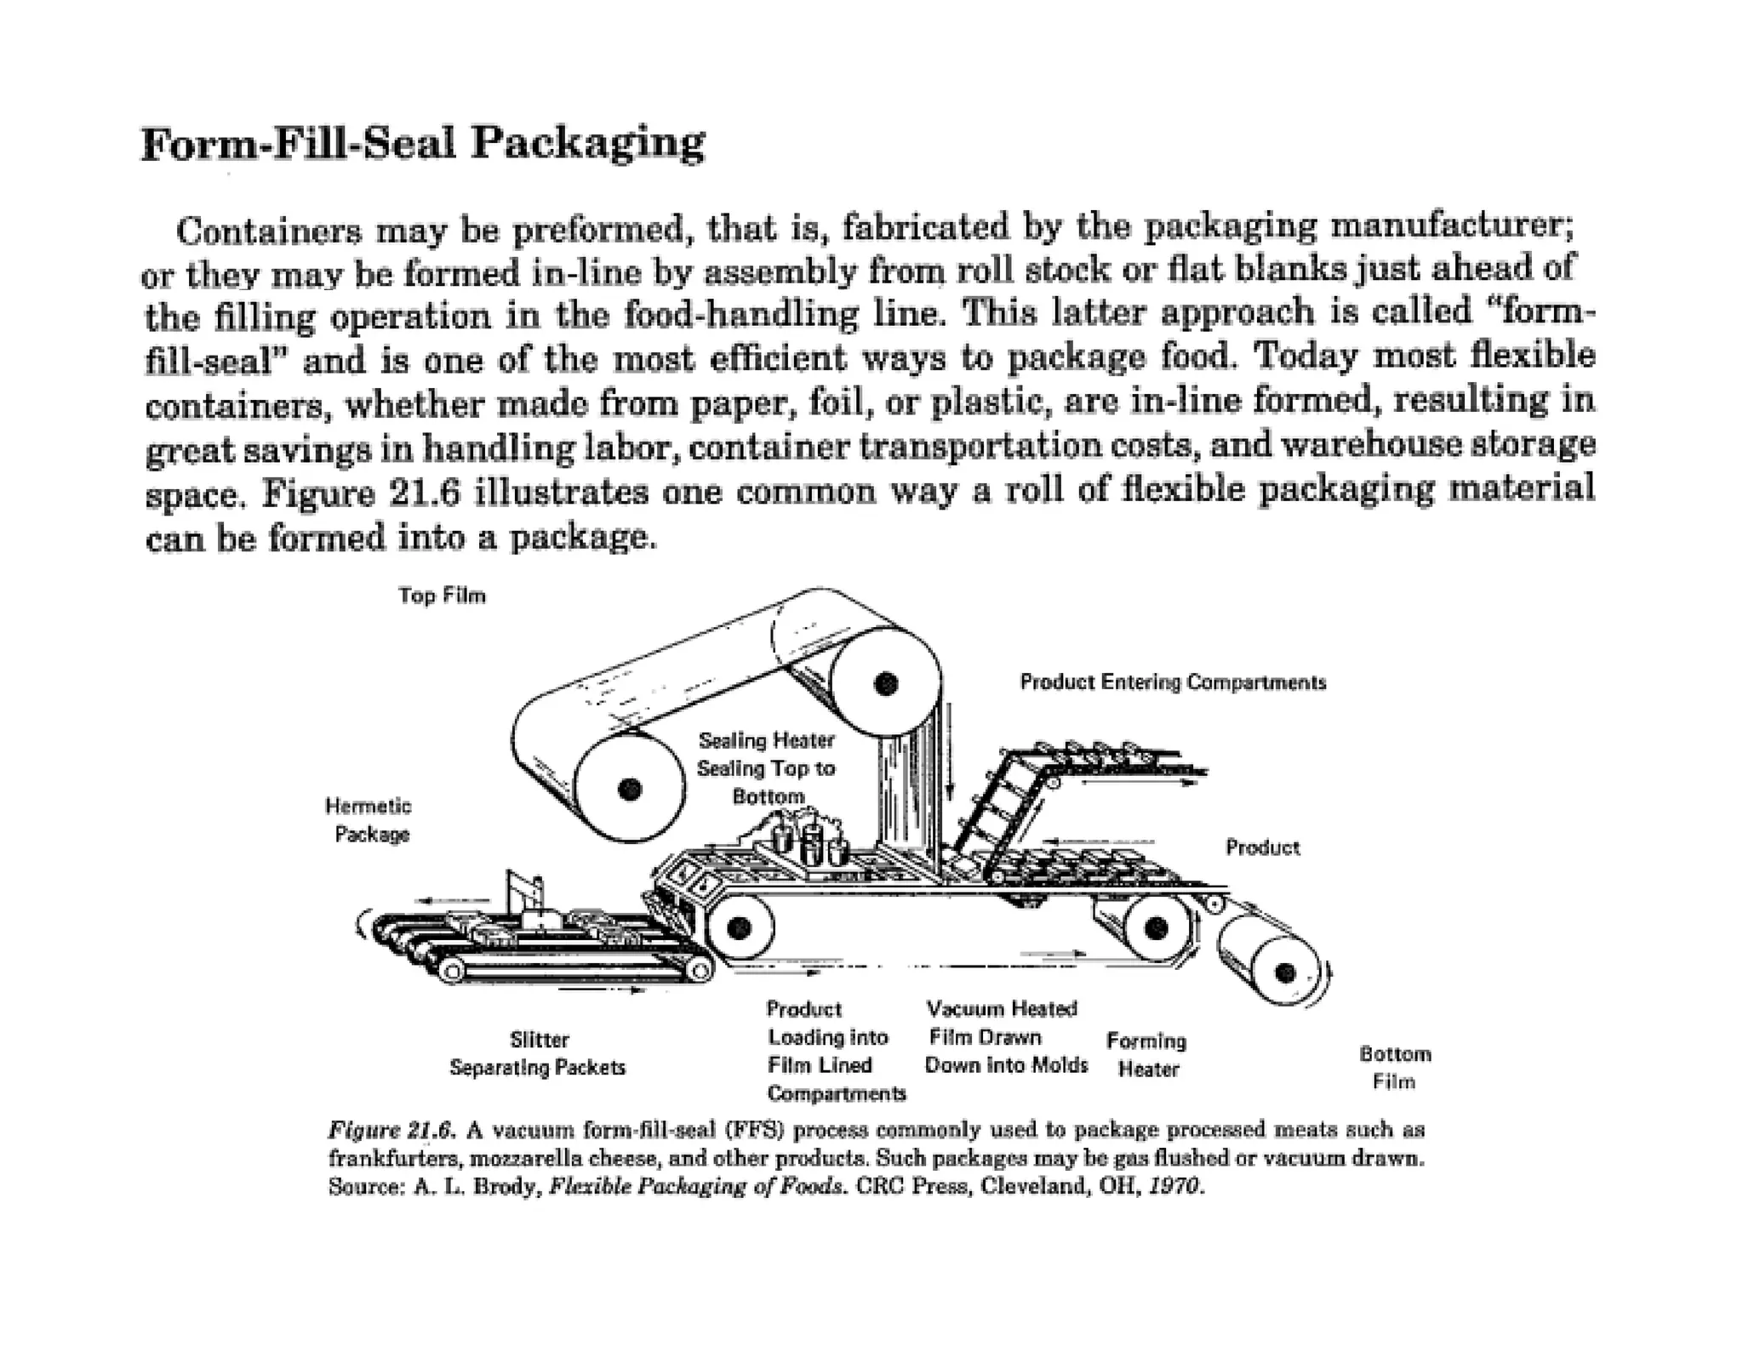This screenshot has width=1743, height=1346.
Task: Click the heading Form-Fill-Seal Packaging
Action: click(x=422, y=143)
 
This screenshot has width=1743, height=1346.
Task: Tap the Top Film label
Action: click(x=442, y=596)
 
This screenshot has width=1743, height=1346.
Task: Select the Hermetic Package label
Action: click(x=370, y=820)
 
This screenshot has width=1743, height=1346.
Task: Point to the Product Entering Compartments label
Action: click(x=1173, y=682)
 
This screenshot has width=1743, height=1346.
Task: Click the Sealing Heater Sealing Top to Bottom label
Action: click(x=766, y=768)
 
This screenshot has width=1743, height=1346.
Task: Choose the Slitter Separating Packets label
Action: click(x=538, y=1053)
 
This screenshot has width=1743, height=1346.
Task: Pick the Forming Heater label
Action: click(x=1146, y=1055)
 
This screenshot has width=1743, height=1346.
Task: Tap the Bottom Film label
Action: click(x=1395, y=1068)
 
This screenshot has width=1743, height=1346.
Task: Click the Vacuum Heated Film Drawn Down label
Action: click(x=1004, y=1037)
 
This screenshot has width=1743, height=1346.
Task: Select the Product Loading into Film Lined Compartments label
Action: click(x=834, y=1051)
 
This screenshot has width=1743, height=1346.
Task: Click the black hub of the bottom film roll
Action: click(x=1285, y=972)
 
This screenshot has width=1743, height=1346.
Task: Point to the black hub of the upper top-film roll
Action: click(x=885, y=683)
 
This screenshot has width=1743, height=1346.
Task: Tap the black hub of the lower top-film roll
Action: click(x=630, y=790)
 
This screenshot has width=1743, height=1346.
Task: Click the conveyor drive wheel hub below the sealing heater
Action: click(x=739, y=927)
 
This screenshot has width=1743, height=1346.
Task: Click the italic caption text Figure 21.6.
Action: click(x=391, y=1130)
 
